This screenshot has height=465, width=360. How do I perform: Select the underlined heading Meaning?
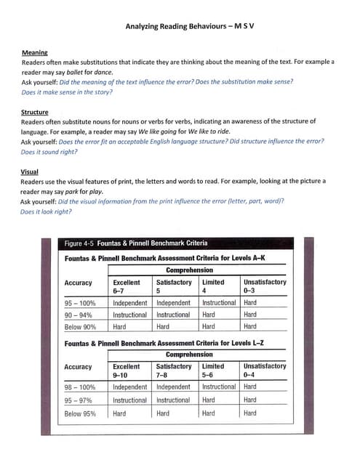pos(34,53)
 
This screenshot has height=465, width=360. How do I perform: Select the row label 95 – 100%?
pos(80,303)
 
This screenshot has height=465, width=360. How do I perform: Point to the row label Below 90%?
pos(80,327)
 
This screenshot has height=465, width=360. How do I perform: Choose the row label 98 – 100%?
pos(80,387)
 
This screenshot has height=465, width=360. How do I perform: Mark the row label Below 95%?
pos(80,413)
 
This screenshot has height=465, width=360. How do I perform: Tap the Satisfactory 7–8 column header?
pos(174,371)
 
